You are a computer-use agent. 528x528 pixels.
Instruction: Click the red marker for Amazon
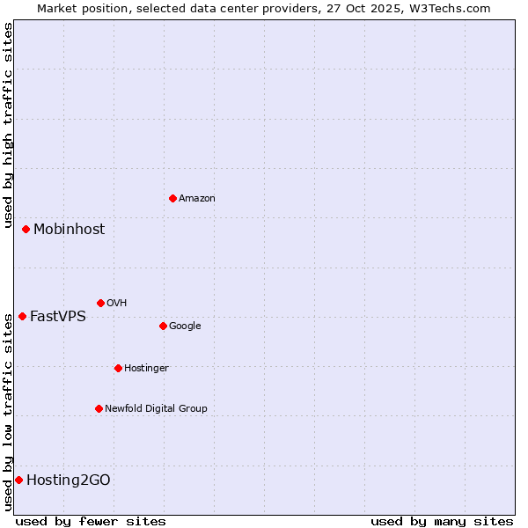[x=172, y=198]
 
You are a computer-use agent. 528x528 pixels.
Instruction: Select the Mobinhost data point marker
[x=26, y=229]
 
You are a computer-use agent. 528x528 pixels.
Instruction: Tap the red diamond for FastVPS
[x=22, y=316]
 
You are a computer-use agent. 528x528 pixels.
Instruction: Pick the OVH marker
[x=100, y=303]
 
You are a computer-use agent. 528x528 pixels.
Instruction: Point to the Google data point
[x=163, y=326]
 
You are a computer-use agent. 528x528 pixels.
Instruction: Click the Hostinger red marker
[x=118, y=368]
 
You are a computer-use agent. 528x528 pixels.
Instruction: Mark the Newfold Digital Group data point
[x=99, y=408]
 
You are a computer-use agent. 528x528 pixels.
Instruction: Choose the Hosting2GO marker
[x=18, y=480]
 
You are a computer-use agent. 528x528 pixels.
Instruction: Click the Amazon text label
[x=197, y=199]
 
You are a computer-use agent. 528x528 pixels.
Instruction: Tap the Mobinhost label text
[x=69, y=230]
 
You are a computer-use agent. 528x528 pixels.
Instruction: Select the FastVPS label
[x=58, y=317]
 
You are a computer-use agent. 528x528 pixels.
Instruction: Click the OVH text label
[x=117, y=304]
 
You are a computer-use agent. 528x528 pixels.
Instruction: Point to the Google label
[x=185, y=326]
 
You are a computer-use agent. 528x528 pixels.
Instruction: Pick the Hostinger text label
[x=146, y=369]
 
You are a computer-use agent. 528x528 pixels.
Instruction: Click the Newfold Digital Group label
[x=156, y=409]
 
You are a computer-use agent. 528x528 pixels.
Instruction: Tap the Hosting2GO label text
[x=69, y=480]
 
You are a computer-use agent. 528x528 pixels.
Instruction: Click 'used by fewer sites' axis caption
[x=91, y=521]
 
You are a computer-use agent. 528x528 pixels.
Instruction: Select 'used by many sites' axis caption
[x=442, y=521]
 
